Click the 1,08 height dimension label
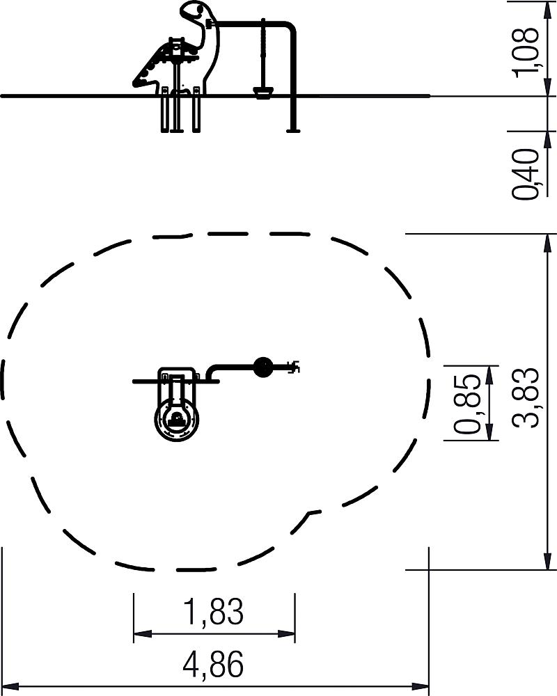526,52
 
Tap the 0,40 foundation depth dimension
526,174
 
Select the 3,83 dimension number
526,397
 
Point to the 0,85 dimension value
466,404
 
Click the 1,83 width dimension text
214,611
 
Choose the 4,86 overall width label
214,664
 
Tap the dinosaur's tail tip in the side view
134,81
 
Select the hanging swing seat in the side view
264,92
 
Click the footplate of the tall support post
292,131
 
